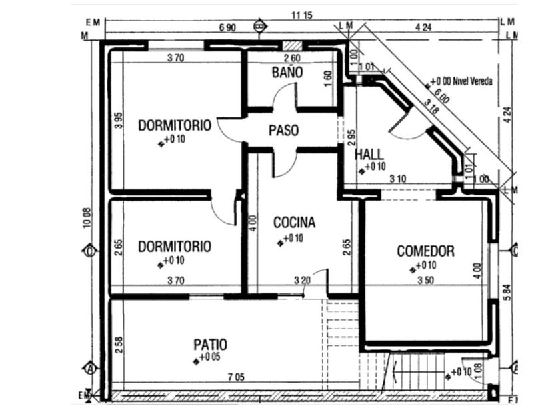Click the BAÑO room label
pyautogui.click(x=287, y=73)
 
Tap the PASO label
pyautogui.click(x=283, y=131)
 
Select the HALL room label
pyautogui.click(x=369, y=155)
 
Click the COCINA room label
pyautogui.click(x=294, y=223)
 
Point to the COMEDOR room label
pyautogui.click(x=425, y=251)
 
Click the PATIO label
pyautogui.click(x=210, y=345)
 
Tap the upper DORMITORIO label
pyautogui.click(x=175, y=125)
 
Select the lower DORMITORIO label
pyautogui.click(x=175, y=247)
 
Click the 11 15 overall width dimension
pyautogui.click(x=302, y=15)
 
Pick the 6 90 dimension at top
pyautogui.click(x=227, y=27)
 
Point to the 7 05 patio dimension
pyautogui.click(x=235, y=377)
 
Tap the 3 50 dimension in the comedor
pyautogui.click(x=424, y=281)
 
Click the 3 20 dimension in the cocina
pyautogui.click(x=302, y=281)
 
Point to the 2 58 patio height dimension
pyautogui.click(x=119, y=345)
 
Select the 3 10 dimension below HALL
pyautogui.click(x=398, y=178)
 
